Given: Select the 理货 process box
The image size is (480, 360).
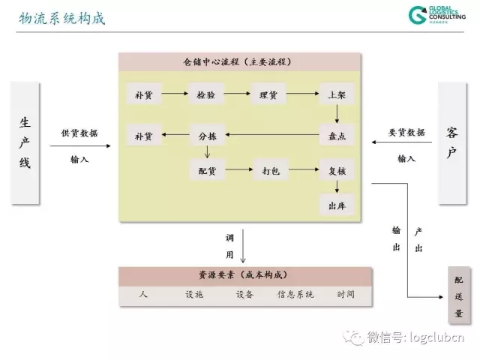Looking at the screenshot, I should point(268,95).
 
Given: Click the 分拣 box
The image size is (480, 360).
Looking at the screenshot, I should point(206,136).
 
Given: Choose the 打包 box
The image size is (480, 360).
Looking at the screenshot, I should point(270,171).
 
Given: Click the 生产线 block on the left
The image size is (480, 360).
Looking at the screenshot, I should point(25,142).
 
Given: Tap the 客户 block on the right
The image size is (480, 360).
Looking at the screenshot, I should point(451,142).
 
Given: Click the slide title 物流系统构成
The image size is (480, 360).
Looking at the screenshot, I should point(61,18).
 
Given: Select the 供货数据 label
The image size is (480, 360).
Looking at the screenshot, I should point(79,133).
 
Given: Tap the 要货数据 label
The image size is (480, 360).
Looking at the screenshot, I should point(406,133).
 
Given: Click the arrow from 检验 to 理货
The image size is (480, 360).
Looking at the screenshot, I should point(237,95).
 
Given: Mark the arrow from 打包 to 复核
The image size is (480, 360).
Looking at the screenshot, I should point(303,171).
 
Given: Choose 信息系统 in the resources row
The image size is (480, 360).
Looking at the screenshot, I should point(295,295).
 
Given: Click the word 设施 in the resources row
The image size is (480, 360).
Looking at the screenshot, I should point(194,295).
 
